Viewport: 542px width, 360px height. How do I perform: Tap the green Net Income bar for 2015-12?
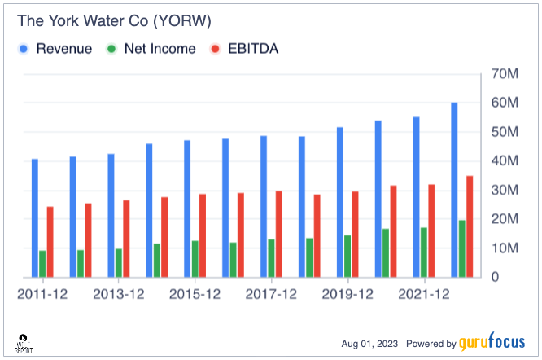pos(195,259)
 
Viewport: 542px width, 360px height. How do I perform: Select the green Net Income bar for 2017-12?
pos(271,258)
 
